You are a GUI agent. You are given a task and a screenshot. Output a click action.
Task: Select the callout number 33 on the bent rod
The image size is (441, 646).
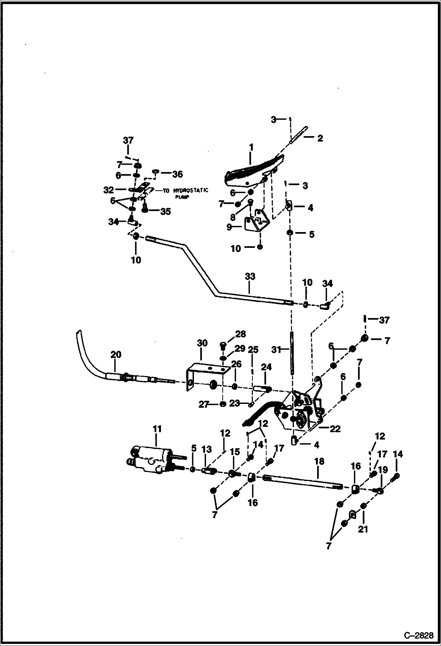click(x=250, y=276)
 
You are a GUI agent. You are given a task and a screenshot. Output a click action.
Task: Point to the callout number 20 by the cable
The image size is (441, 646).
click(x=116, y=355)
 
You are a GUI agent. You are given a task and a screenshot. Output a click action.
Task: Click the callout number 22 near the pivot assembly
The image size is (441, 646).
click(x=335, y=429)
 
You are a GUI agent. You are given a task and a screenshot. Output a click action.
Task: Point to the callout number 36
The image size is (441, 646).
click(x=178, y=174)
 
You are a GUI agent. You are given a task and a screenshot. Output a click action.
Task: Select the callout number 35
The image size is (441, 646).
click(x=165, y=211)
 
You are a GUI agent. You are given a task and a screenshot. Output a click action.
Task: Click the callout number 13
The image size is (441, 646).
click(x=206, y=458)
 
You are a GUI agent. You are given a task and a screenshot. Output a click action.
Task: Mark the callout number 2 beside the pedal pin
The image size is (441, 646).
click(x=320, y=138)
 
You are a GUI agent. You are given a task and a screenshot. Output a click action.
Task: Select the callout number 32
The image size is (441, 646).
click(x=108, y=190)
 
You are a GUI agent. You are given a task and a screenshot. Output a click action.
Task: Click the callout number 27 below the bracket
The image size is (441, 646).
click(x=203, y=405)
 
